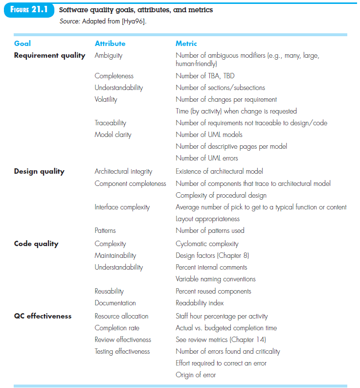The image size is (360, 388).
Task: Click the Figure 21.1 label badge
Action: [28, 10]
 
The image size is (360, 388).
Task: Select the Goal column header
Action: [22, 44]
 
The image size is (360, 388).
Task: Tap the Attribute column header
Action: [110, 44]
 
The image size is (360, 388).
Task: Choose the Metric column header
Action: [186, 44]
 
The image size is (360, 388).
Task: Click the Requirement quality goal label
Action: [49, 55]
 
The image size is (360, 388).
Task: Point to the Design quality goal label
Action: [39, 171]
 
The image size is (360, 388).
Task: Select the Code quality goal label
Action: [36, 244]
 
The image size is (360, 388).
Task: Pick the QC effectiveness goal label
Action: [43, 316]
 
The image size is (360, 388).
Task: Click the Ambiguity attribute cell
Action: [109, 55]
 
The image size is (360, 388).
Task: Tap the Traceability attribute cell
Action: [110, 123]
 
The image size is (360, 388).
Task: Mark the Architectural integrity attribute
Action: [123, 171]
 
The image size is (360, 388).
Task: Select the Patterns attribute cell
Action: [105, 230]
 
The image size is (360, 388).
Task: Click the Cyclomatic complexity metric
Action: [207, 244]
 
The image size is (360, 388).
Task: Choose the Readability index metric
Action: [200, 303]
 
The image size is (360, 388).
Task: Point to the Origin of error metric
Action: [196, 375]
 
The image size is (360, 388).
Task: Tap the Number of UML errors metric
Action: [207, 158]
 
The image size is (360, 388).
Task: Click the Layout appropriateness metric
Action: [208, 219]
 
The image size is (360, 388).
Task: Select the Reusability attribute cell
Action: [109, 291]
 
